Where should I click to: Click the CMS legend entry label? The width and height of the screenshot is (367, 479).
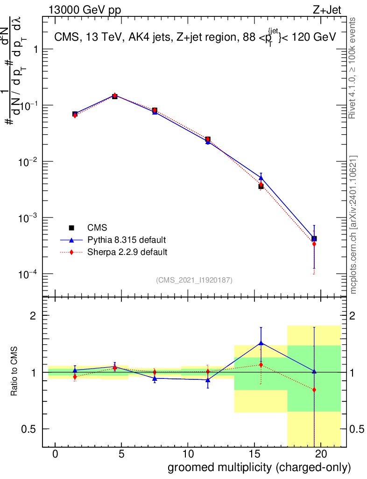(97, 228)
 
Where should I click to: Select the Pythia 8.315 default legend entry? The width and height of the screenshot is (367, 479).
(126, 240)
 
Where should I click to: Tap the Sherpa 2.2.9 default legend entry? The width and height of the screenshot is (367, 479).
(127, 252)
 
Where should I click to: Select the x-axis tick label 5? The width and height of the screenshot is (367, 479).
(121, 454)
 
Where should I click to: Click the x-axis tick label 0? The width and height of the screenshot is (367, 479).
(55, 454)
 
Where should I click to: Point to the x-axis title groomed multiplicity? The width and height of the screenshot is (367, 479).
(259, 467)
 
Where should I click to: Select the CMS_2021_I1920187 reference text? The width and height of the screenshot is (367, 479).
(194, 280)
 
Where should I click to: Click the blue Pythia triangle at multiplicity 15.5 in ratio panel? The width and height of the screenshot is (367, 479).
(261, 343)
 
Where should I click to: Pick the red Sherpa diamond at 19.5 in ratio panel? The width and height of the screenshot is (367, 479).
(314, 390)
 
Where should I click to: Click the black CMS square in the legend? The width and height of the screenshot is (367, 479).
(71, 228)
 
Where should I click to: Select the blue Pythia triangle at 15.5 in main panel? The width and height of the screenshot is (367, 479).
(261, 178)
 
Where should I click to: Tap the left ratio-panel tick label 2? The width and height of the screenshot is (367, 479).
(33, 316)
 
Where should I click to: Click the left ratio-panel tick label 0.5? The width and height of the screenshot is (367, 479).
(29, 429)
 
